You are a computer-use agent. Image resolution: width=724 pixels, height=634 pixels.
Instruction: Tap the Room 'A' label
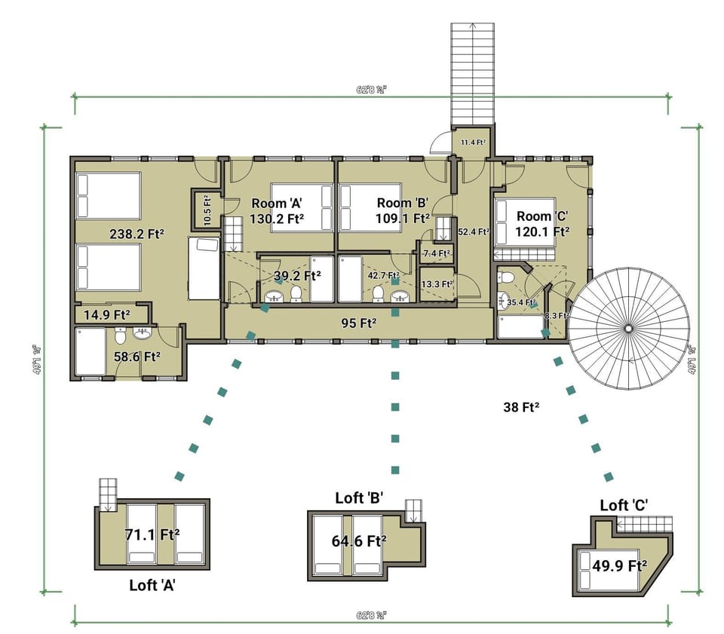point(268,203)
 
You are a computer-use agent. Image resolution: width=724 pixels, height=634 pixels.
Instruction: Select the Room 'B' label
point(403,203)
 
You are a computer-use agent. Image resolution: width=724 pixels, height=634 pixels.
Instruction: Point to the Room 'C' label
point(542,216)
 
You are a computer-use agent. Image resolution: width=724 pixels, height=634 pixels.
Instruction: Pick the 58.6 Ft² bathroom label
point(137,357)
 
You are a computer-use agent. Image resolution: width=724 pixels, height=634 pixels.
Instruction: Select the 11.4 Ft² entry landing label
point(472,142)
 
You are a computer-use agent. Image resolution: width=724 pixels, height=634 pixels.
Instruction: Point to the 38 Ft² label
point(520,406)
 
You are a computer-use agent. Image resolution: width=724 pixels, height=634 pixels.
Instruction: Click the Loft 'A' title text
point(153,584)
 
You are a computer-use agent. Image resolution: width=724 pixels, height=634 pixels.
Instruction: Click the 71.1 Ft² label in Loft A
point(152,535)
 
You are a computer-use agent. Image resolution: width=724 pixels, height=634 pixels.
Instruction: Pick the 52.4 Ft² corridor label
point(474,232)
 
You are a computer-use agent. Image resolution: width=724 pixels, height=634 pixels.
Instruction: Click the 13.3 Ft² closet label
point(437,284)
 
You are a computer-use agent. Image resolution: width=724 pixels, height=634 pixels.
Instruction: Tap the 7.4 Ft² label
point(436,253)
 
